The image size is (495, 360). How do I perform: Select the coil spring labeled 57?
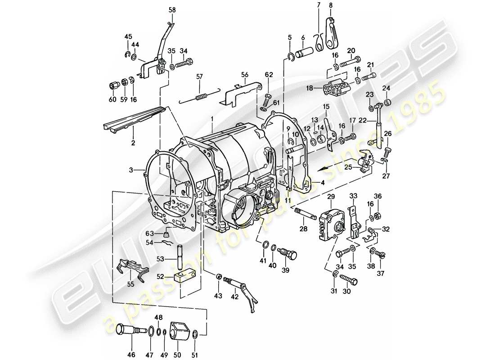[x=201, y=97]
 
